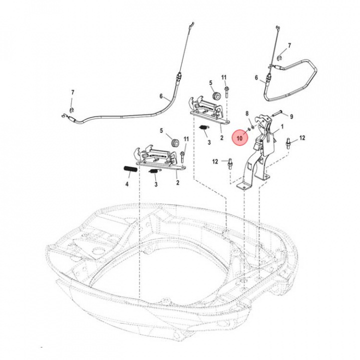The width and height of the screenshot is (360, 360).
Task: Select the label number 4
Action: (x=127, y=184)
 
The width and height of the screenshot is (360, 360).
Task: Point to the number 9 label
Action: (x=291, y=116)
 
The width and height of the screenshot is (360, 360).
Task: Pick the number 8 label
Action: (x=246, y=114)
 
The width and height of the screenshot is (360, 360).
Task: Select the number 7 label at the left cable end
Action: (x=72, y=93)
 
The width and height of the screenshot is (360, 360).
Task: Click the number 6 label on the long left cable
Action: (x=161, y=96)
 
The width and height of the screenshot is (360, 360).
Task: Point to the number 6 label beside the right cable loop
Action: (x=256, y=77)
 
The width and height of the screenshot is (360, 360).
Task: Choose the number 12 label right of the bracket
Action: (x=302, y=137)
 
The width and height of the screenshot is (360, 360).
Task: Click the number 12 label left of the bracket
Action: (x=214, y=161)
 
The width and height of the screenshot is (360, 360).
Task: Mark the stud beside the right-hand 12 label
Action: (x=289, y=145)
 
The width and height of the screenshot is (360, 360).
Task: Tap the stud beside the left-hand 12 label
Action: (x=229, y=163)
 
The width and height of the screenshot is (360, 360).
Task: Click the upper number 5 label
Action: (x=210, y=82)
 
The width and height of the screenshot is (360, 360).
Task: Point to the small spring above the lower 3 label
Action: (x=154, y=172)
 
